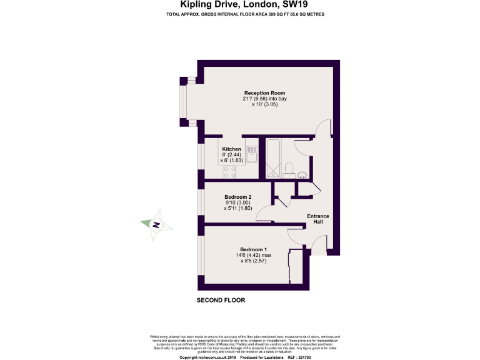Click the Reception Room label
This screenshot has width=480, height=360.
click(x=265, y=93)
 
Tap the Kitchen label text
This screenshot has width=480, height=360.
click(x=231, y=149)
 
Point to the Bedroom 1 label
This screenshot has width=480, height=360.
click(x=253, y=250)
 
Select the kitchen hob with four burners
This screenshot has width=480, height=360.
click(x=229, y=172)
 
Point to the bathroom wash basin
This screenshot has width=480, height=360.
click(x=302, y=174)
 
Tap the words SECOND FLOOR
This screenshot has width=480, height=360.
click(x=221, y=300)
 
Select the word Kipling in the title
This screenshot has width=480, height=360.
click(x=194, y=5)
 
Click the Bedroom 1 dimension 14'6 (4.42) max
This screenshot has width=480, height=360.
click(x=253, y=256)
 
